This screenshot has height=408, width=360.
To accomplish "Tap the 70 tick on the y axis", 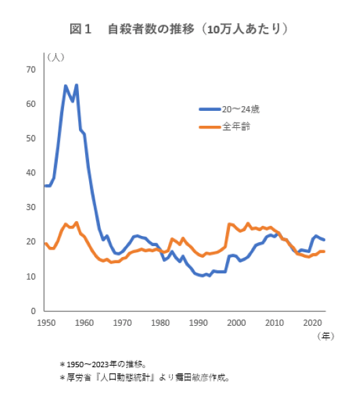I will coord(31,69).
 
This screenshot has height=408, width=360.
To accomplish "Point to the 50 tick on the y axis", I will coord(31,138).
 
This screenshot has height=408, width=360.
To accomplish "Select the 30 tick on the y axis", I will coord(31,207).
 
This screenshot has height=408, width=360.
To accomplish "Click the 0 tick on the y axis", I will coord(33,311).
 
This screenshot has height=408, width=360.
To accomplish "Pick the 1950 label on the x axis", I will coord(46,322).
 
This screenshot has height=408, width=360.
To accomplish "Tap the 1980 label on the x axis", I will coord(161,322).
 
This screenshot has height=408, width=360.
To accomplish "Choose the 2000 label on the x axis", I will coord(237,322).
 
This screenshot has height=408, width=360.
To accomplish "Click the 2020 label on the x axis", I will coord(313,322).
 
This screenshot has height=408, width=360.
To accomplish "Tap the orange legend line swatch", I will coord(209,126).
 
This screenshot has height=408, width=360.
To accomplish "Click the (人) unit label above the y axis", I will coord(54,56).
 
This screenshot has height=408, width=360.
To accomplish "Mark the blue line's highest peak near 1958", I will coord(76,86).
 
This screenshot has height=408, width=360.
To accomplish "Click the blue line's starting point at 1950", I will coord(46,186).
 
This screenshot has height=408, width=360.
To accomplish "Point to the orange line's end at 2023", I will coord(324,252).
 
